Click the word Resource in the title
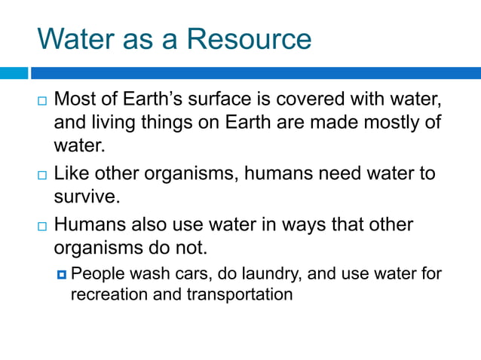[249, 38]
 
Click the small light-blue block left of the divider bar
[14, 73]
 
